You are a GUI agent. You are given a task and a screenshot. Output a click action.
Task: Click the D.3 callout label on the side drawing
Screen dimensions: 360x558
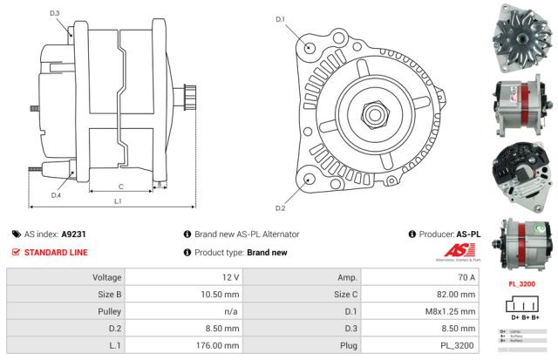pos(55,13)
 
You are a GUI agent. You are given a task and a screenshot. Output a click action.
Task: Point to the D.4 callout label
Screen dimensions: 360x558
pos(56,195)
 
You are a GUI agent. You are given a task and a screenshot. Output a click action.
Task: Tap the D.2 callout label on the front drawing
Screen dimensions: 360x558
pos(281,208)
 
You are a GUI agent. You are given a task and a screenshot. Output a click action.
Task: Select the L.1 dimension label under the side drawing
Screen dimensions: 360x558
pos(118,201)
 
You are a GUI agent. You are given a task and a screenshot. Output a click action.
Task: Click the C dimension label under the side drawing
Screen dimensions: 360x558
pos(120,186)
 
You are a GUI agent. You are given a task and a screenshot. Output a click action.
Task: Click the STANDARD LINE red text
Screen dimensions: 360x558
pos(56,253)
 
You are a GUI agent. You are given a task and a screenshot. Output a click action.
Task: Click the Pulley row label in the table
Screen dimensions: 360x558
pos(108,312)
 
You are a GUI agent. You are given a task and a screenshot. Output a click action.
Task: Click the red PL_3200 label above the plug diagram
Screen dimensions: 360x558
pos(521,284)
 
